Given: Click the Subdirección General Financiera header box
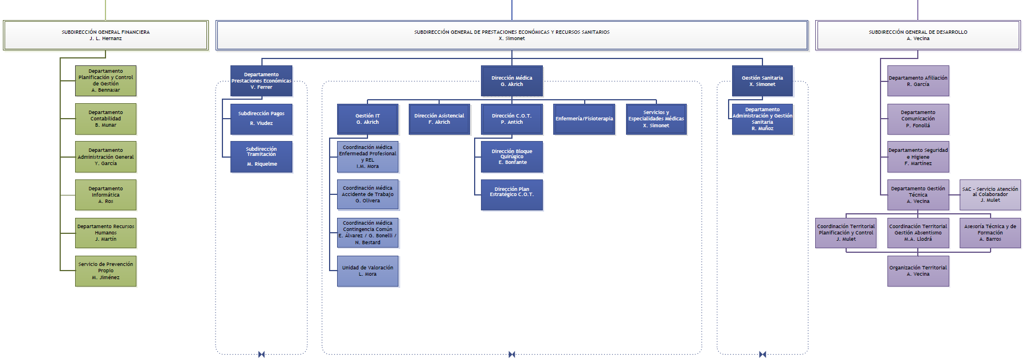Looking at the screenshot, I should tap(105, 36).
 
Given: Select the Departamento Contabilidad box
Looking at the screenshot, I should tap(105, 119).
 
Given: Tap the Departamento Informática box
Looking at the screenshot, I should tap(105, 195).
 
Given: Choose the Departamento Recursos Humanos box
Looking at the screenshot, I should tap(105, 233).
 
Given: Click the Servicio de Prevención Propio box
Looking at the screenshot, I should tap(105, 271).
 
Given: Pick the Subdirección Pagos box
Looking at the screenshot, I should tap(261, 119).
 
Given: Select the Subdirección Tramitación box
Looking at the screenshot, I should tap(261, 156).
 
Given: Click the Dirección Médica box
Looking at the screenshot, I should tap(511, 81).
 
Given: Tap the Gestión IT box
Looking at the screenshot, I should tap(367, 119).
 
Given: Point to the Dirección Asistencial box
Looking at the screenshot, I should tap(439, 119).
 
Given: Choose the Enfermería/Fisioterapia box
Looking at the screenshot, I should tap(584, 119).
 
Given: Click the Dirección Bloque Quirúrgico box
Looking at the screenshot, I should tap(511, 156).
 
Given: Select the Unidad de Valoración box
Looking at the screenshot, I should tap(367, 271).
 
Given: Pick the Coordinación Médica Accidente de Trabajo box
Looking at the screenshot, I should tap(367, 194).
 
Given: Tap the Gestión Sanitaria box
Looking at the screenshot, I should tap(762, 81).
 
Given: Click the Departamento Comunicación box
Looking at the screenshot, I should tap(918, 119).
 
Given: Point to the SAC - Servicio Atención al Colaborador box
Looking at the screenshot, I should tap(990, 194).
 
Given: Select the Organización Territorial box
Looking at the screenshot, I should tap(918, 271).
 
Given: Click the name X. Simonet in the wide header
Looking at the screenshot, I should tap(511, 39).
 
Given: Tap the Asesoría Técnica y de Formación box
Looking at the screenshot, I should tap(990, 233).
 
